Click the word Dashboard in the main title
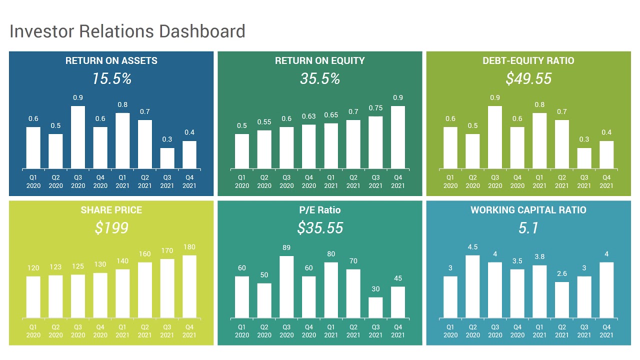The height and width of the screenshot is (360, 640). point(202,31)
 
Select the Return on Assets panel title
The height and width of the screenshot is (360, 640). point(111,61)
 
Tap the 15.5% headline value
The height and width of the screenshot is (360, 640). point(111,78)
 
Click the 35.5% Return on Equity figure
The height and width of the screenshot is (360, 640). point(320,78)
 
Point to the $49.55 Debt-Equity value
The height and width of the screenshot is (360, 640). point(528,78)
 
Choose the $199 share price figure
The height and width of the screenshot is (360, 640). point(111,228)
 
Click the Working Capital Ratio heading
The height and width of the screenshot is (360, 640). point(528,210)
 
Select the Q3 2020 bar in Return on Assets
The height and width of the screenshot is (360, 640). point(78,137)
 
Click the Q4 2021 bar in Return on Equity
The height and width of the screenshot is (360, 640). point(398,137)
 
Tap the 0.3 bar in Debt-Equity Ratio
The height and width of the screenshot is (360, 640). point(584,158)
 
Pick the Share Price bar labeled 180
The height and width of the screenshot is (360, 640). point(189,286)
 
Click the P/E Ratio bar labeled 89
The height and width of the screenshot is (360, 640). point(286,286)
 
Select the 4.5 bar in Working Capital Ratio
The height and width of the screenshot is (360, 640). point(472,286)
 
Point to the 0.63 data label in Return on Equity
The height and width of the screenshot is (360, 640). point(309,116)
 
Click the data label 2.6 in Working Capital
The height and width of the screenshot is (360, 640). point(562,273)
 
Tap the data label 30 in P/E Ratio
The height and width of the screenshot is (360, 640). point(375,289)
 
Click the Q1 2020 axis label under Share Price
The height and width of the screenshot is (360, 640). point(33,331)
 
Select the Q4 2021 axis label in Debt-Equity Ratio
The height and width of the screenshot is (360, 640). point(606,181)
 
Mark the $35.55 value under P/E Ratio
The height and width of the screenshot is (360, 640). point(320,228)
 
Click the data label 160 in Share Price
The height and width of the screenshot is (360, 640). point(145,254)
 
